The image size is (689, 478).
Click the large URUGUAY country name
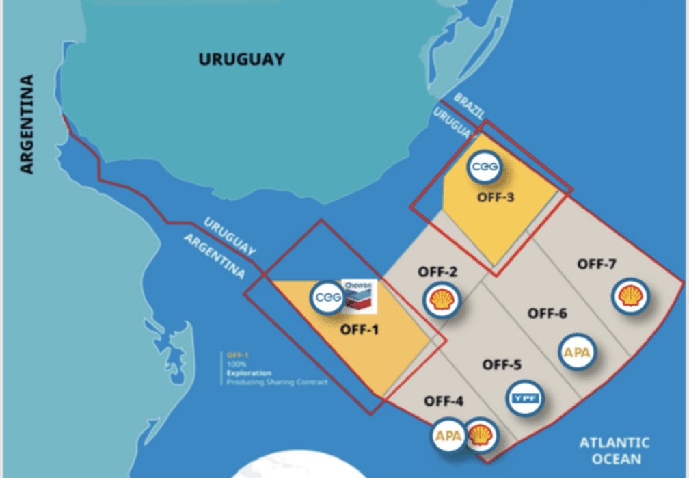click(241, 59)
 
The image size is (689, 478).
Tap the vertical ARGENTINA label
click(27, 124)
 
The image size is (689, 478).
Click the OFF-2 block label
click(438, 272)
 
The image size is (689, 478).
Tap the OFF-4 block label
click(445, 401)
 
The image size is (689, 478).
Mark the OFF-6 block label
click(548, 313)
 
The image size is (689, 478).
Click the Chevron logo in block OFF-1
click(360, 294)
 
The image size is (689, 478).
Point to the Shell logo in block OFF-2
click(442, 300)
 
